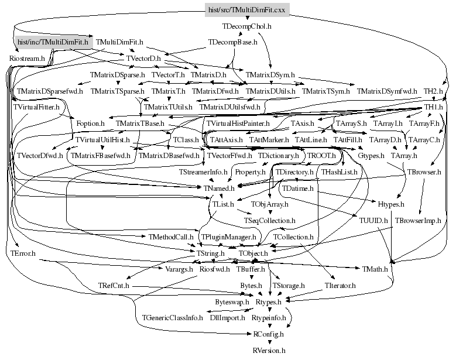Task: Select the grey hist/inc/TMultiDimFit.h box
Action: tap(53, 42)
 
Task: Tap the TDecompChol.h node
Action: tap(246, 26)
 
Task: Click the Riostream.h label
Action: tap(28, 59)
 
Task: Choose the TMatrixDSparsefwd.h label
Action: tap(50, 91)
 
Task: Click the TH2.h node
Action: tap(434, 91)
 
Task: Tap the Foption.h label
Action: tap(90, 124)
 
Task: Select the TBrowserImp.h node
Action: tap(417, 221)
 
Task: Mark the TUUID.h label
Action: tap(372, 221)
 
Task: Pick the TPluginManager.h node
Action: tap(229, 236)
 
